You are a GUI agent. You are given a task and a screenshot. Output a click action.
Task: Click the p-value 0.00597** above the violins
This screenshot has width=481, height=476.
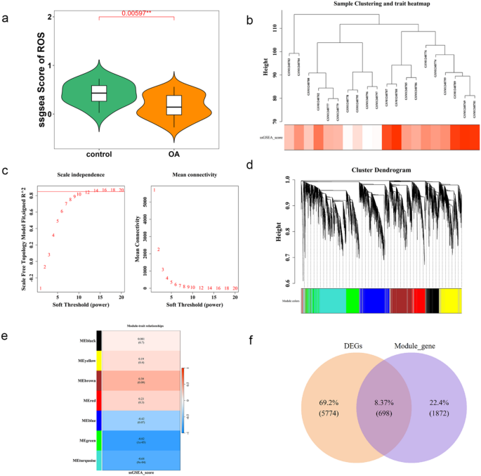[136, 12]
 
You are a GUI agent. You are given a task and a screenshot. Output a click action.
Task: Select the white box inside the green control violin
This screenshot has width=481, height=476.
[99, 94]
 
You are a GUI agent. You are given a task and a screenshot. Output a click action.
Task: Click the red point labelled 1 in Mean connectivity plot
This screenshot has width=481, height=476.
[154, 191]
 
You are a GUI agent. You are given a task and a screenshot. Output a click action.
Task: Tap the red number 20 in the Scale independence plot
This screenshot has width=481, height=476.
[121, 190]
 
